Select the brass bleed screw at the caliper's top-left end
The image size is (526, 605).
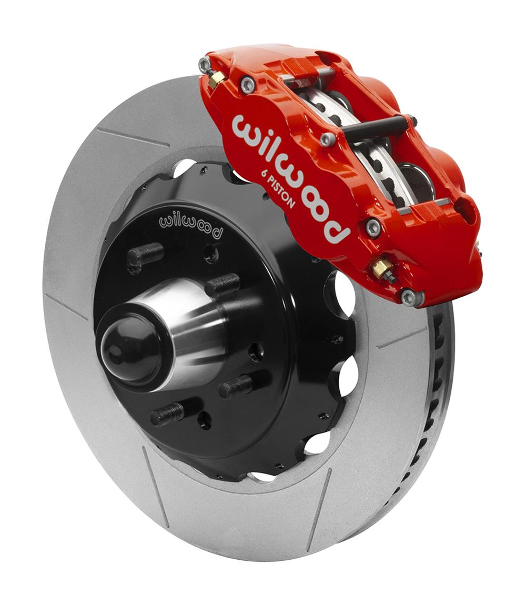[x=215, y=79]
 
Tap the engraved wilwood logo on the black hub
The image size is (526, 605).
[x=190, y=223]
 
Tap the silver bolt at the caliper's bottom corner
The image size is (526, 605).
[x=409, y=297]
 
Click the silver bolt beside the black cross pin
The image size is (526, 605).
[x=328, y=138]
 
